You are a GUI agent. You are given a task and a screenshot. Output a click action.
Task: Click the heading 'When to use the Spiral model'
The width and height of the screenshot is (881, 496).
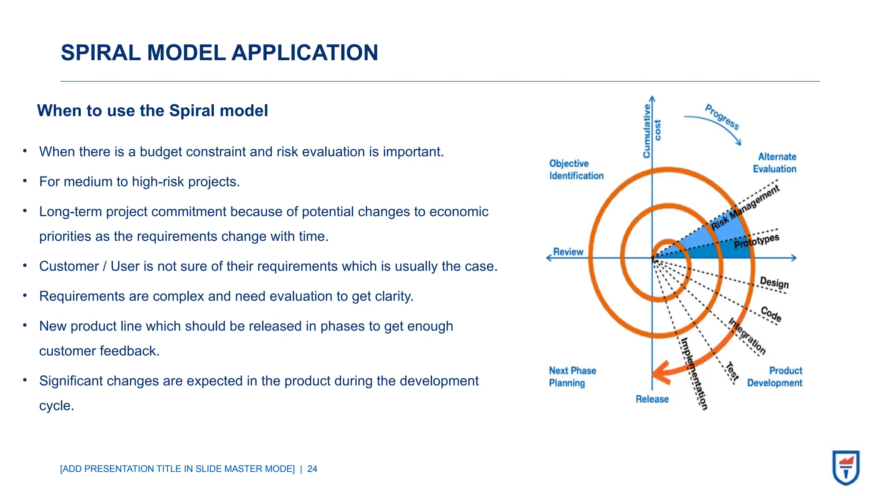click(x=152, y=111)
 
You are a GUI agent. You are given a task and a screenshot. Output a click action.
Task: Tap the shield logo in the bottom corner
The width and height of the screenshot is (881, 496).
click(x=846, y=468)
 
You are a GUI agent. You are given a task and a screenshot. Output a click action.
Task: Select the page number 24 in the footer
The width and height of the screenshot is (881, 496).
click(x=312, y=469)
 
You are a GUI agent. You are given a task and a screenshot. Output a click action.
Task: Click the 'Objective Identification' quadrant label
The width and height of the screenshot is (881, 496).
click(x=576, y=170)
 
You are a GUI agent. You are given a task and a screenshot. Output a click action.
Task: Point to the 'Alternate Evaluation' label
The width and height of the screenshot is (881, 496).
click(x=775, y=163)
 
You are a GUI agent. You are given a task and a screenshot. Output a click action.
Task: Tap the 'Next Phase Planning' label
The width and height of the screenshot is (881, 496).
click(x=572, y=377)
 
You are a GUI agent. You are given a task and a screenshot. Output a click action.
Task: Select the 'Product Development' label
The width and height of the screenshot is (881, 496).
click(x=775, y=377)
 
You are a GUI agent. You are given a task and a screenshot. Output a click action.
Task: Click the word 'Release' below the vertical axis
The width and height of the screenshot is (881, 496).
click(x=652, y=399)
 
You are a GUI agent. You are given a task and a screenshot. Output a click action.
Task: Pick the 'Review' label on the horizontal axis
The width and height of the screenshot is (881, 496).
click(x=568, y=252)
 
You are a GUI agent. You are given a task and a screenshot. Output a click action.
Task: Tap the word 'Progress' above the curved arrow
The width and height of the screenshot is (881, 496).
click(x=722, y=117)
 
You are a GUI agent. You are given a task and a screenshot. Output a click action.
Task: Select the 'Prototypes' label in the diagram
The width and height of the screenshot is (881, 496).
click(x=757, y=242)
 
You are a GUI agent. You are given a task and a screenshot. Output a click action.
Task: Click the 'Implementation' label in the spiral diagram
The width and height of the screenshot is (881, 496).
click(x=693, y=373)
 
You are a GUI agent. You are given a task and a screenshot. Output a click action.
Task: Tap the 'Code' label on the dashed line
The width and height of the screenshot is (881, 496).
click(x=771, y=314)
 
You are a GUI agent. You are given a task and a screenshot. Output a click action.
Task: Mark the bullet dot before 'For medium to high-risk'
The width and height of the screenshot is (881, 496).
click(x=25, y=181)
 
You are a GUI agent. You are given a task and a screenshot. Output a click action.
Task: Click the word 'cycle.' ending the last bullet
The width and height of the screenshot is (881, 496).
click(x=57, y=406)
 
